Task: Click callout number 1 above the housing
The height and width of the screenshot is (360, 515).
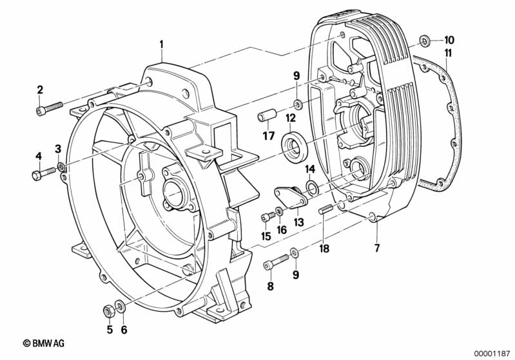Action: click(161, 44)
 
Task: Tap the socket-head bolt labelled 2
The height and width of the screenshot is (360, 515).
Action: click(49, 108)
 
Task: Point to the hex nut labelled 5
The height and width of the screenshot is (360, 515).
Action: click(109, 310)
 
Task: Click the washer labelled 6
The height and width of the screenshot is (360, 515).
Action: click(120, 307)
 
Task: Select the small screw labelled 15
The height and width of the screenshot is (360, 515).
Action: click(268, 217)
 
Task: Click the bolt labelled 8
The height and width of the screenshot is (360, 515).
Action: click(276, 262)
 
